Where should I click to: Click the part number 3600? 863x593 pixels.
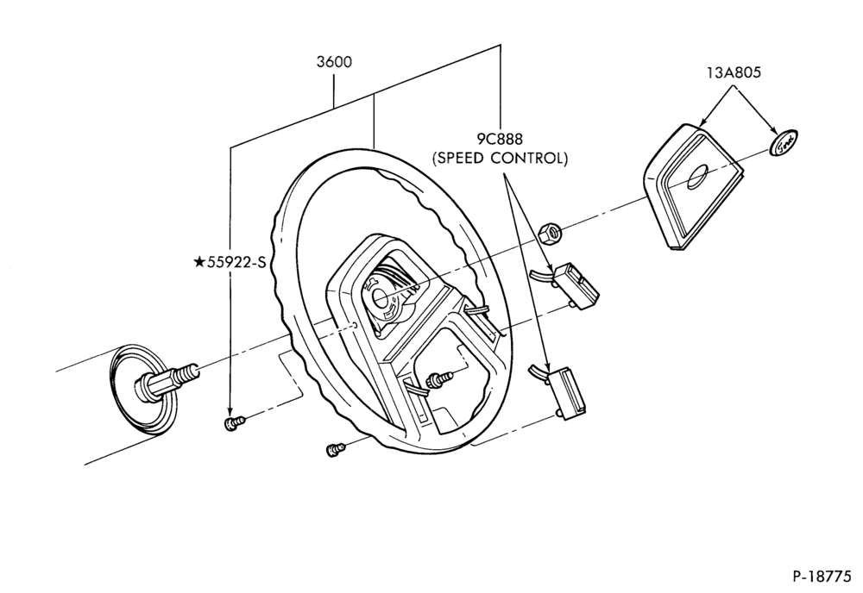click(x=333, y=62)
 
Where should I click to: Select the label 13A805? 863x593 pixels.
click(x=734, y=72)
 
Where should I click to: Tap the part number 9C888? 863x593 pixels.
click(x=500, y=139)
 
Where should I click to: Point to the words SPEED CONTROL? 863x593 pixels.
click(x=500, y=159)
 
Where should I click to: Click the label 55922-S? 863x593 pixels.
click(x=236, y=263)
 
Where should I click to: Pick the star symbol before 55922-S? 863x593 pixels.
click(x=199, y=262)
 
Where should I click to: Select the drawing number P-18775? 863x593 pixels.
click(x=822, y=577)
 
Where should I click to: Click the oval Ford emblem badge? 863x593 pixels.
click(x=784, y=143)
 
